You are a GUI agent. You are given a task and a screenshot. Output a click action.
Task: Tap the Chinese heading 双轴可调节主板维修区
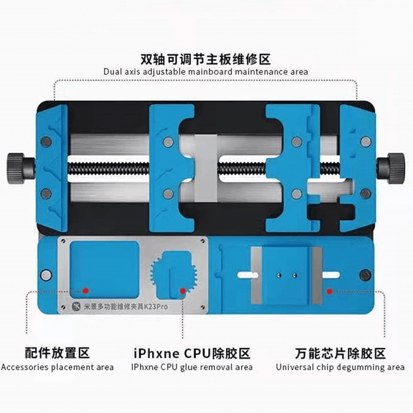pyautogui.click(x=205, y=59)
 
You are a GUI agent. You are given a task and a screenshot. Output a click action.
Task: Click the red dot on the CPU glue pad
pyautogui.click(x=183, y=290)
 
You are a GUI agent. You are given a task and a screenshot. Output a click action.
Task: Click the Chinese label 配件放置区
pyautogui.click(x=57, y=353)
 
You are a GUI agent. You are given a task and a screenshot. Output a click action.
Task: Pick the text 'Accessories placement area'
pyautogui.click(x=57, y=367)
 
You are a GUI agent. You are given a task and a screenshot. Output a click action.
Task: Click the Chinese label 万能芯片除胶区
pyautogui.click(x=340, y=353)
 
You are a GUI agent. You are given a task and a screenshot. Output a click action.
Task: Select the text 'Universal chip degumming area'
pyautogui.click(x=340, y=367)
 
